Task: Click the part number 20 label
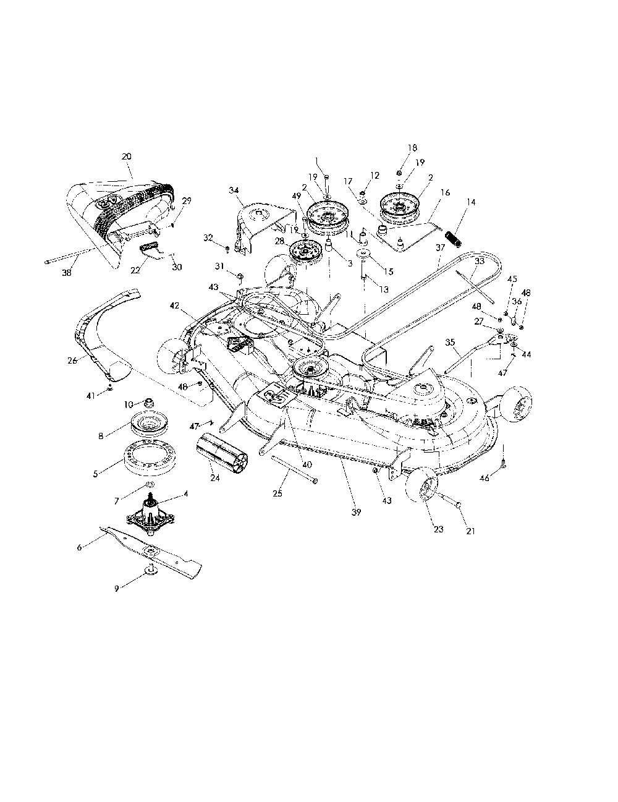(x=127, y=156)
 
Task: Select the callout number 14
(x=472, y=202)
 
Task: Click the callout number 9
(x=116, y=588)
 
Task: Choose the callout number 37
(x=440, y=247)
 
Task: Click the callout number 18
(x=412, y=148)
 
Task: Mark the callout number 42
(x=175, y=305)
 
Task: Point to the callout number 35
(x=449, y=341)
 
